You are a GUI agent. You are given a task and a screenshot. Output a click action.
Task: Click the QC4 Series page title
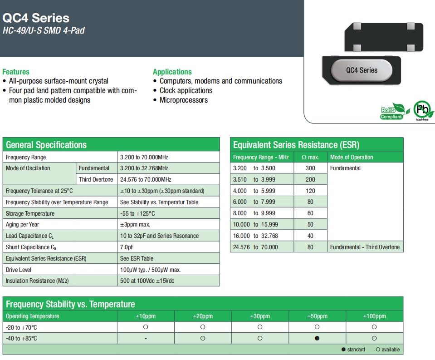click(x=36, y=18)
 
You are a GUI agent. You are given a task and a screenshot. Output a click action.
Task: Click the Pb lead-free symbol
click(x=423, y=110)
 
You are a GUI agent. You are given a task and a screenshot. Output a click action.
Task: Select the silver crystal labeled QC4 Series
click(x=362, y=70)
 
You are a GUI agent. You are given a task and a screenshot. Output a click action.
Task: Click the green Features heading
click(x=16, y=72)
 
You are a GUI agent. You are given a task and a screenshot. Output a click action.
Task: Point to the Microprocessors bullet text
click(x=184, y=100)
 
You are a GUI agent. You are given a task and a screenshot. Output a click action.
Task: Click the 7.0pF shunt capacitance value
click(x=127, y=247)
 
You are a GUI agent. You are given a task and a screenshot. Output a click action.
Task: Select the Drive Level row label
click(x=19, y=270)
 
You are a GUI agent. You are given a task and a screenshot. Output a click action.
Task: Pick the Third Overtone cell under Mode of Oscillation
click(x=96, y=179)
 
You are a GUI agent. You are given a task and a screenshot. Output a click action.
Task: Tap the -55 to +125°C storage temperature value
click(x=137, y=213)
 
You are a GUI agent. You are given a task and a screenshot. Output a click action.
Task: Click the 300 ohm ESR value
click(x=310, y=168)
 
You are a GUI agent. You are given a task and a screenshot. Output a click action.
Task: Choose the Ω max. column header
click(x=310, y=158)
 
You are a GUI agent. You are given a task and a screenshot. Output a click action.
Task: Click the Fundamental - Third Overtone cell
click(x=365, y=247)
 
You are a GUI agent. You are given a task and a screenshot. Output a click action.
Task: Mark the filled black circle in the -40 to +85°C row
click(x=317, y=338)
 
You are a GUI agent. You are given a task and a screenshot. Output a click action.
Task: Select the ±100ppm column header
click(x=374, y=316)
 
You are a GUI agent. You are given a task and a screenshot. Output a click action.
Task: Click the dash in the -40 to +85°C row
click(x=146, y=339)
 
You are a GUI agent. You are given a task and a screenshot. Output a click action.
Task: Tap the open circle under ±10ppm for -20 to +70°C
click(x=146, y=327)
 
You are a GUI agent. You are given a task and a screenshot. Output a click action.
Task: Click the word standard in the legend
click(x=356, y=350)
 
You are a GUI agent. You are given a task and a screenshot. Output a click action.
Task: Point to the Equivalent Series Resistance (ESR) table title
click(x=296, y=145)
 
